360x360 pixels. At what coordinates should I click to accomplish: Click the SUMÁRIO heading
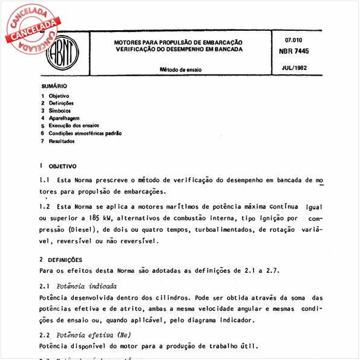tap(54, 86)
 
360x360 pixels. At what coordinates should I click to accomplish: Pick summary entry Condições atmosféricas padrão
tap(85, 133)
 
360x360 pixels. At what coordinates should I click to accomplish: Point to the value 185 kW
tap(98, 218)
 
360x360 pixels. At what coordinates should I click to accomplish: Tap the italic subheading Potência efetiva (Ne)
tap(96, 335)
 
